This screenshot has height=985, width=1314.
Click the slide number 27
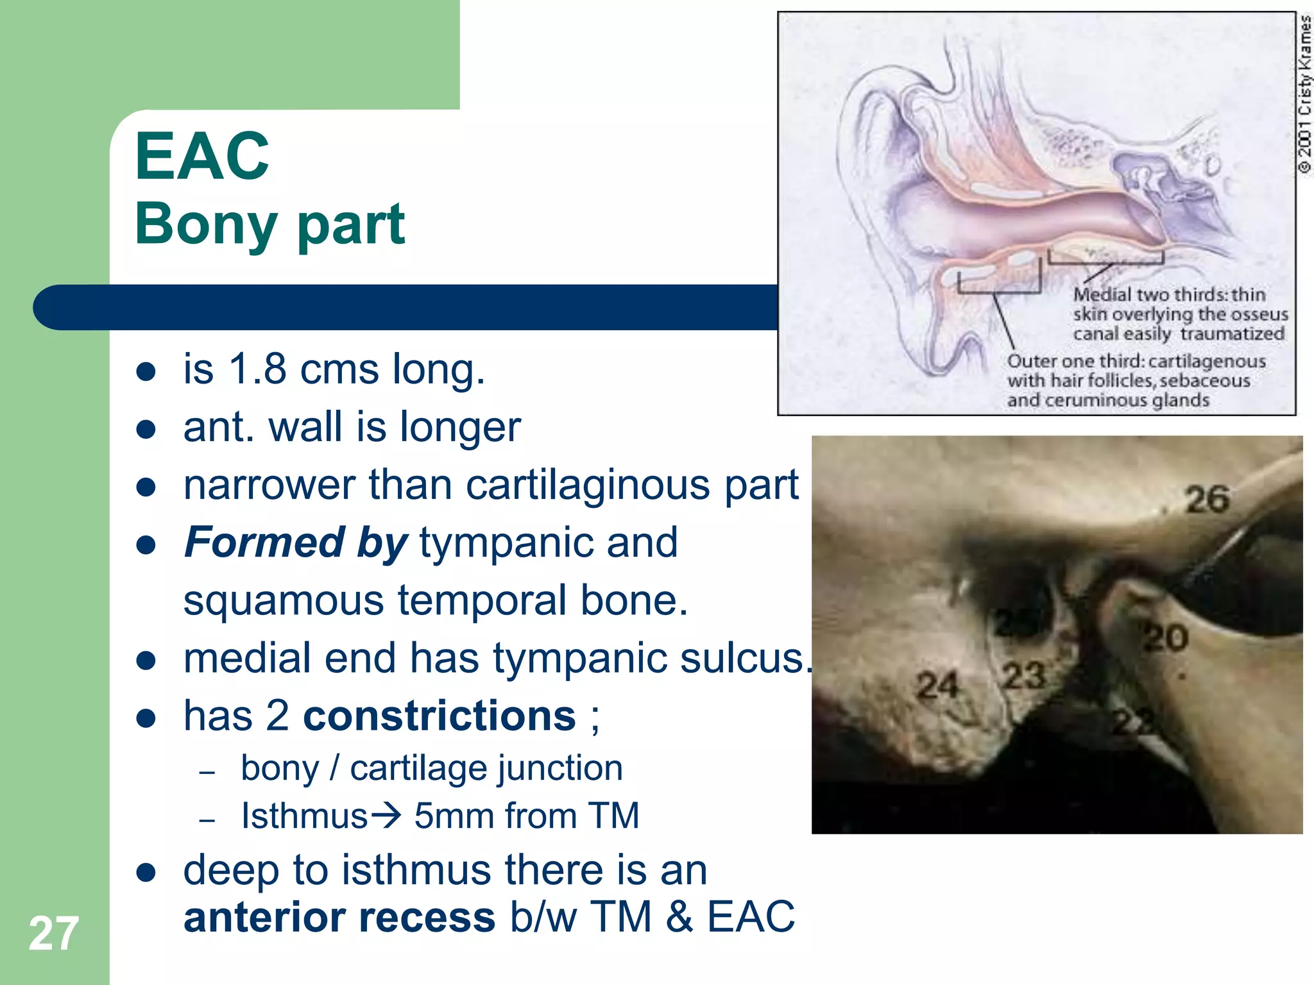coord(53,934)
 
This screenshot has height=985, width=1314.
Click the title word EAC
coord(202,156)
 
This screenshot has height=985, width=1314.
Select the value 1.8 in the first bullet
coord(257,369)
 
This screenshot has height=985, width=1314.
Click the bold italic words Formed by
coord(295,543)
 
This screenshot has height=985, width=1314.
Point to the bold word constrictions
coord(439,716)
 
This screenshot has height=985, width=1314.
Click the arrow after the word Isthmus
coord(386,815)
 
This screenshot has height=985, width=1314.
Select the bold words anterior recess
coord(339,917)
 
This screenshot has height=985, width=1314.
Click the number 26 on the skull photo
coord(1207,500)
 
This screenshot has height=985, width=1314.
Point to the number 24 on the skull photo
coord(937,686)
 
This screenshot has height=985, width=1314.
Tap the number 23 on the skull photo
coord(1023,676)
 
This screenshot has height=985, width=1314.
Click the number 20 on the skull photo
coord(1166,638)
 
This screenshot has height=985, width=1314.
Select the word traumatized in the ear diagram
coord(1232,334)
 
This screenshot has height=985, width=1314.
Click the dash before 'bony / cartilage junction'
coord(207,772)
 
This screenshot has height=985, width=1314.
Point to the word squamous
coord(284,601)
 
